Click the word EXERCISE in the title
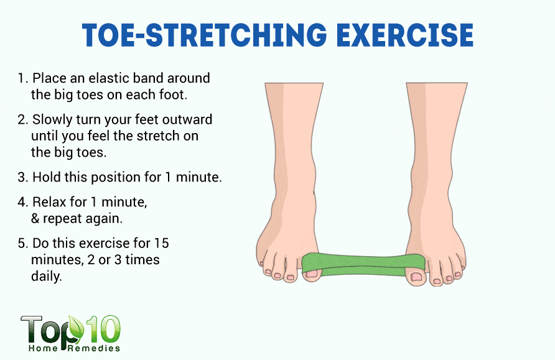(x=405, y=35)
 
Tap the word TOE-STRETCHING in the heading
(x=205, y=35)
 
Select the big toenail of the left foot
(x=312, y=274)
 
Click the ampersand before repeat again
(x=35, y=218)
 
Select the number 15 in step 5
(x=161, y=243)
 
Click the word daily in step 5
(x=47, y=277)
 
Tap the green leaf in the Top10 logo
(x=76, y=328)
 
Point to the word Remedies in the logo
(x=94, y=349)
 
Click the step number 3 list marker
(x=22, y=177)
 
